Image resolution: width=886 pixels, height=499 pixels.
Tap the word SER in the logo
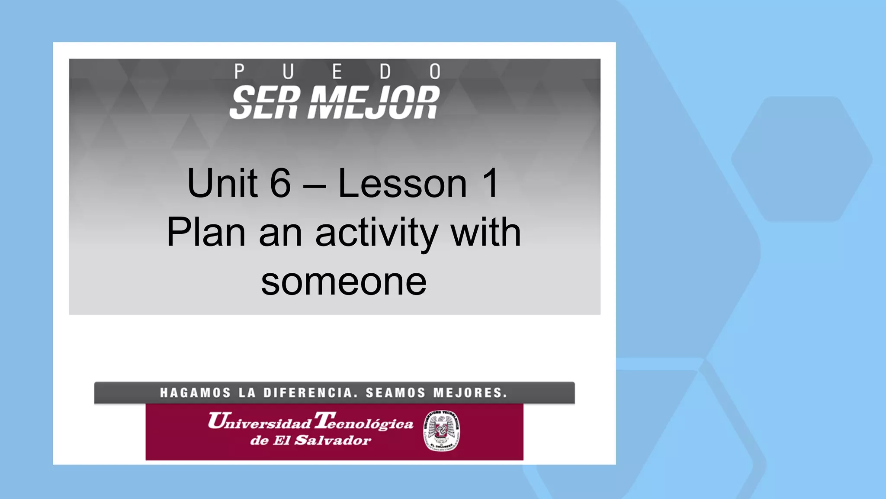[264, 102]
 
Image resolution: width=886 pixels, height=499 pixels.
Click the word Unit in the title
[222, 183]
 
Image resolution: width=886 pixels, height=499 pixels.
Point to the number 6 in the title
[280, 183]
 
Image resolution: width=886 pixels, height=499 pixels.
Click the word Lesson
[402, 184]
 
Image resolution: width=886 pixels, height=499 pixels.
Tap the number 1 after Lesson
[491, 183]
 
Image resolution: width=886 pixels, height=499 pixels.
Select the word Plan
[206, 233]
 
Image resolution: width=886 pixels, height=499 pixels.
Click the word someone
[344, 282]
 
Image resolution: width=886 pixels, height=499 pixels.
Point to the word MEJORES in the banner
[470, 393]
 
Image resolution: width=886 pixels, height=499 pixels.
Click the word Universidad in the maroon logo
[260, 421]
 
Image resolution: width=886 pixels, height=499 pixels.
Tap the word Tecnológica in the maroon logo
[364, 421]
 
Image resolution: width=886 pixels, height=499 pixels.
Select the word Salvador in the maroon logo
[333, 441]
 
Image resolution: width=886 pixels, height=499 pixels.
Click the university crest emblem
[441, 431]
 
